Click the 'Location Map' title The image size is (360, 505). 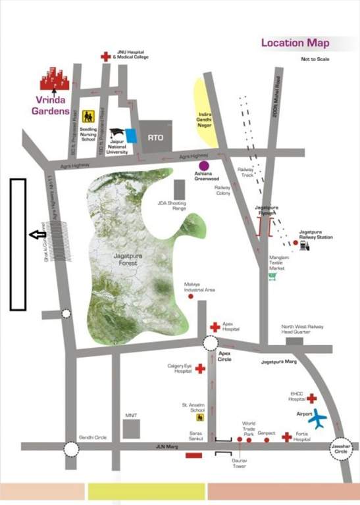point(295,43)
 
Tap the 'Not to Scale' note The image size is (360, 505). point(315,60)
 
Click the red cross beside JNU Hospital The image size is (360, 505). point(105,57)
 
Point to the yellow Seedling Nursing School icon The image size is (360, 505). point(88,116)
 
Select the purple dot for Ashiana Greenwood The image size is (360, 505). point(204,164)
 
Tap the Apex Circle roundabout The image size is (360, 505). point(211,343)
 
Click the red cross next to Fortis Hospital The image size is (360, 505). point(287,437)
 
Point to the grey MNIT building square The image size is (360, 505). point(132,428)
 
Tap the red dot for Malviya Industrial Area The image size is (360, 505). point(191,297)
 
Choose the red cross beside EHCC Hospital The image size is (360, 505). point(312,398)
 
